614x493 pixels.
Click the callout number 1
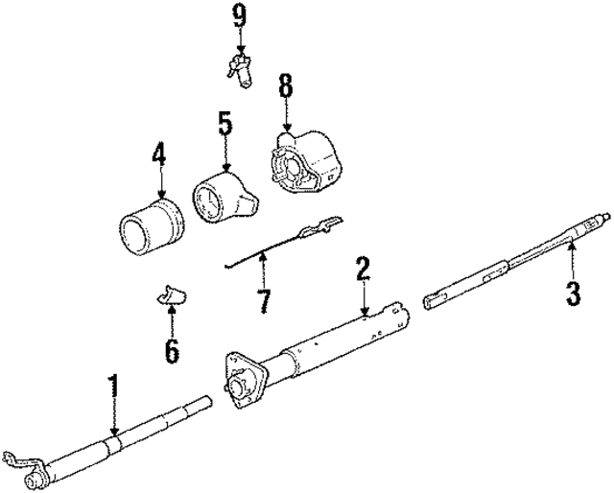(x=114, y=387)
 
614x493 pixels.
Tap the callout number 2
(x=363, y=268)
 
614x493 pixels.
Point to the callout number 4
(x=158, y=153)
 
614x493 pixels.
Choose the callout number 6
(x=172, y=350)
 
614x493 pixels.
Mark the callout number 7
(x=264, y=300)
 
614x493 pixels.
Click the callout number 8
(x=285, y=85)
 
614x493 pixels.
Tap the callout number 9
(x=238, y=16)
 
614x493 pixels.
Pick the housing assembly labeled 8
(x=305, y=165)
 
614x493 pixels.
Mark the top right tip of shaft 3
(x=603, y=216)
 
